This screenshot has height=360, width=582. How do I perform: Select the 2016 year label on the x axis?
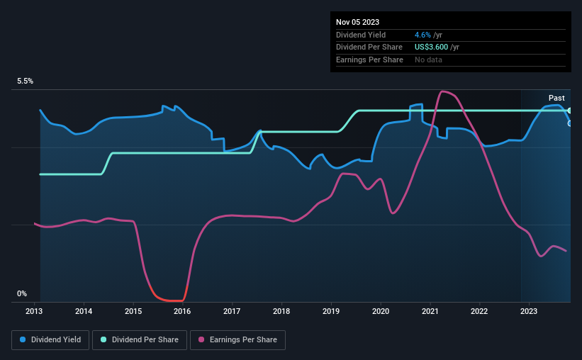[182, 310]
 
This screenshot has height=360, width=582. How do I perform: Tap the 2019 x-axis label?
[331, 310]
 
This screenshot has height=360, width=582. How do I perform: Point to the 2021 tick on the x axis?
[430, 310]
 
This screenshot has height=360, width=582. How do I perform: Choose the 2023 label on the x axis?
[530, 310]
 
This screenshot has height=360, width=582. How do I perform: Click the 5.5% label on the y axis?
[26, 81]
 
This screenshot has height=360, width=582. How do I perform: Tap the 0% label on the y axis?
[22, 293]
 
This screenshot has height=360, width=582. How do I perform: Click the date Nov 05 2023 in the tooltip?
[358, 22]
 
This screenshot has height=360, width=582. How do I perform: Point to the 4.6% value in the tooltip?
[423, 35]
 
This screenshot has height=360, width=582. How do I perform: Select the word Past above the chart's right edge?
[556, 98]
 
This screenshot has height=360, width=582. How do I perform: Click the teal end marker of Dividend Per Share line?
[570, 111]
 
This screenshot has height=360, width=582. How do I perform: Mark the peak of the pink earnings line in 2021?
[443, 91]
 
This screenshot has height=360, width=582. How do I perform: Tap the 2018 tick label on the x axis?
[281, 310]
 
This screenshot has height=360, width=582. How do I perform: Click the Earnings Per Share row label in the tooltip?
[369, 60]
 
